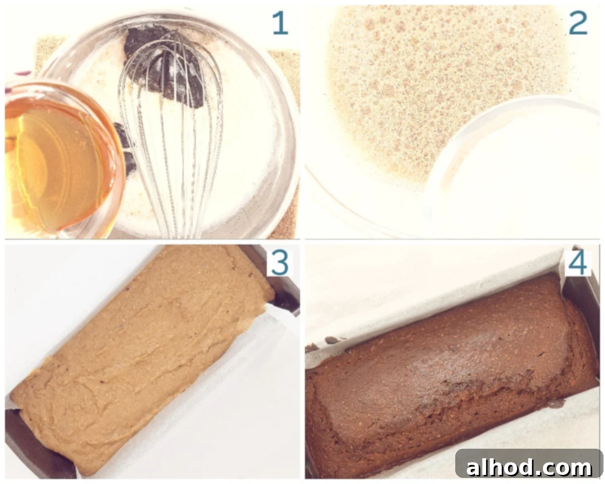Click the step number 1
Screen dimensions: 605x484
pos(281,24)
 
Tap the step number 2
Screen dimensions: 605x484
pos(578,24)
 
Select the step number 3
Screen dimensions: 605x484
pos(280,263)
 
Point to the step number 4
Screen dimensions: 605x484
pos(578,263)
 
